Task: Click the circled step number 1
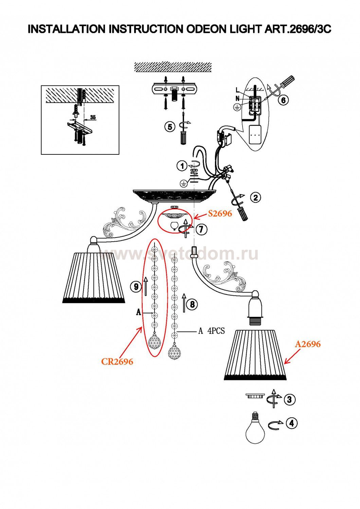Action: (182, 166)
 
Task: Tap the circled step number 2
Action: (255, 197)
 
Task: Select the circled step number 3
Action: (289, 399)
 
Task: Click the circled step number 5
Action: (170, 127)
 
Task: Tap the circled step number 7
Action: (201, 229)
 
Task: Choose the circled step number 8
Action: (192, 304)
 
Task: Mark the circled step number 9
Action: (136, 287)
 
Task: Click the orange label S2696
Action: (220, 213)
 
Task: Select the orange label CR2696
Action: (117, 362)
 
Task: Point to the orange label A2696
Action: (308, 344)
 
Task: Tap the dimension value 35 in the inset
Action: (93, 117)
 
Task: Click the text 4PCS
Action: (216, 331)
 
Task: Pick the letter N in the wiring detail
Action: (238, 98)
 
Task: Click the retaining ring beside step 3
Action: (254, 396)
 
